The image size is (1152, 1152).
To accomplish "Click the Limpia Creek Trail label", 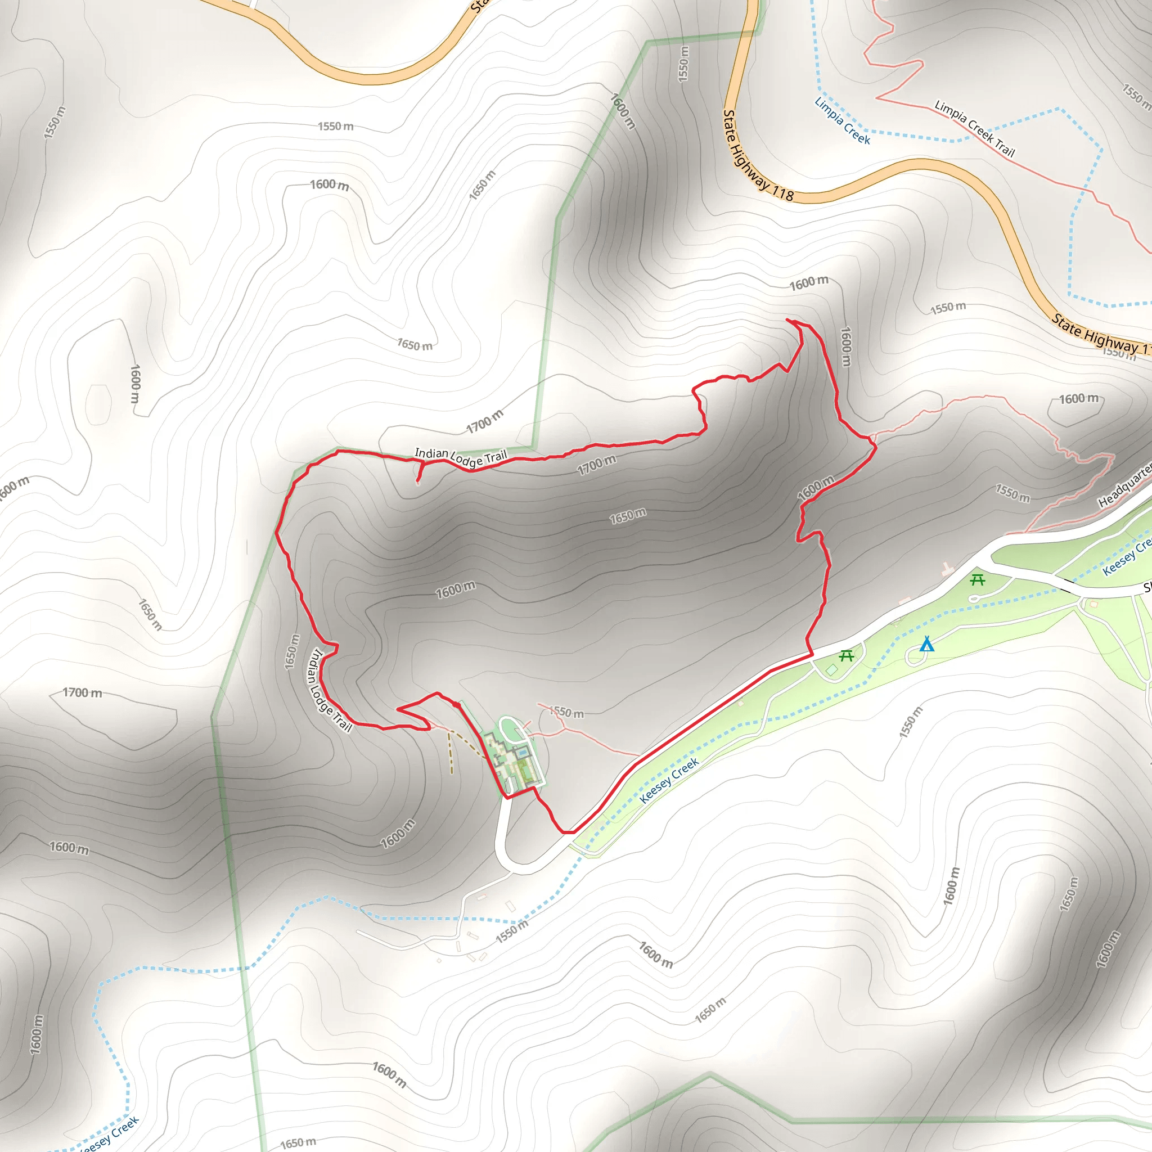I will click(974, 128).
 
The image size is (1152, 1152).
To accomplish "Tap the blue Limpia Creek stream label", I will click(842, 121).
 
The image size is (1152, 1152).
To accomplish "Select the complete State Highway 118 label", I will click(757, 156).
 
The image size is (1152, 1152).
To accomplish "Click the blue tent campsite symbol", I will click(926, 645).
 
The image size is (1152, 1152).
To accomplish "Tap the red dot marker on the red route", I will click(456, 705).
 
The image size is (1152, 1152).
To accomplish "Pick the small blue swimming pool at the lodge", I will click(523, 753).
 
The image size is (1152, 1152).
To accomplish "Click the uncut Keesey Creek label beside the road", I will click(668, 781).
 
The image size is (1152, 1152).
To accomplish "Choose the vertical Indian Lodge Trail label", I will click(328, 691).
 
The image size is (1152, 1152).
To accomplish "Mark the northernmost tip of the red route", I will click(787, 320).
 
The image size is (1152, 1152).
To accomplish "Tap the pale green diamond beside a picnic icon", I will click(832, 669).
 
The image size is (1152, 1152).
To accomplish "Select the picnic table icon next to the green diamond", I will click(846, 656).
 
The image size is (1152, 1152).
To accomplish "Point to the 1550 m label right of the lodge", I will click(566, 712).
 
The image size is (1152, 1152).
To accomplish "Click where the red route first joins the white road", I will click(811, 655).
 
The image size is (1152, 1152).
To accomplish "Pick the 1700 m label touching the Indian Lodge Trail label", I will click(484, 421).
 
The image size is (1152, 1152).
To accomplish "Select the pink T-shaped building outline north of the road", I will click(947, 568).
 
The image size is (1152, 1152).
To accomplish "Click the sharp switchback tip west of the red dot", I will click(398, 708).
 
